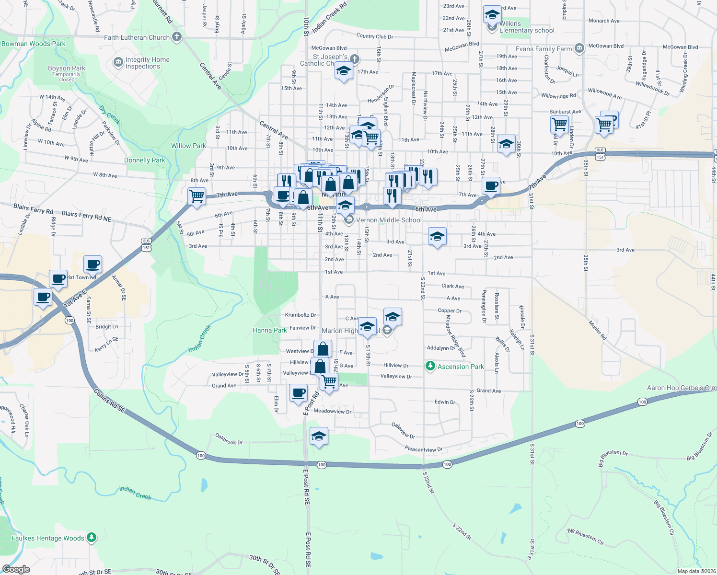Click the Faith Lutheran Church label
pos(137,37)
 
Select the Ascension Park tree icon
pos(430,367)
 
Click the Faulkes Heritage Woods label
pos(48,538)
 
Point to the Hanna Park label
pos(270,330)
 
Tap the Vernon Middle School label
pos(389,220)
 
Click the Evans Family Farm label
pos(544,49)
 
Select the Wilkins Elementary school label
pos(526,27)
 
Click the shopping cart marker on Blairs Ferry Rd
pos(197,196)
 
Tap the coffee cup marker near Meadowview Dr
pos(299,393)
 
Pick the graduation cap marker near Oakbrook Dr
pos(319,437)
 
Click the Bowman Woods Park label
pos(34,44)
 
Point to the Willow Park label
pos(188,146)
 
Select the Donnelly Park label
pos(144,160)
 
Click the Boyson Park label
pos(67,68)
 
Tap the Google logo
pos(16,569)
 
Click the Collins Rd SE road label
pos(109,402)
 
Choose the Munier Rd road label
pos(597,331)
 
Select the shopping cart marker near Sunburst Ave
pos(559,125)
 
